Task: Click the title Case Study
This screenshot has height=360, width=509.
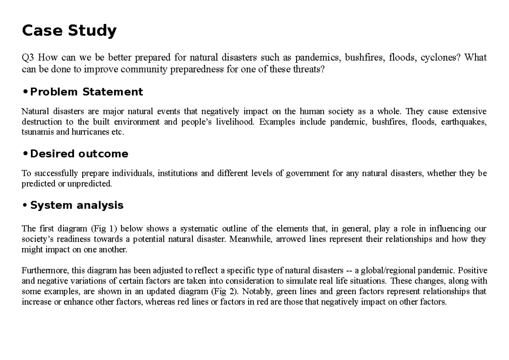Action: click(69, 31)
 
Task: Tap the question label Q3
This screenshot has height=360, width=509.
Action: click(28, 57)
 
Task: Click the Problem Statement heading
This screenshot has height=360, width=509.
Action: click(87, 92)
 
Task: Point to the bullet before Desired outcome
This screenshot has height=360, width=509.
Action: click(25, 153)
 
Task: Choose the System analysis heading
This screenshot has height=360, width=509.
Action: click(77, 205)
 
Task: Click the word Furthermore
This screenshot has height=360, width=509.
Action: click(45, 271)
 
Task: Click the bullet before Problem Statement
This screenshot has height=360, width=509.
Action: click(25, 91)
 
